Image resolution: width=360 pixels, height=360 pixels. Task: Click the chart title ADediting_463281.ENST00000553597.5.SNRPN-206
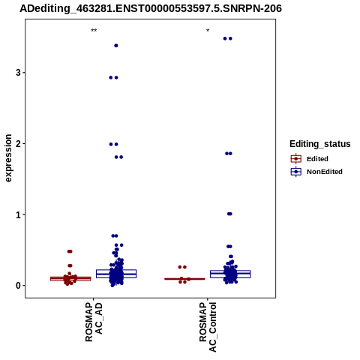[x=151, y=8]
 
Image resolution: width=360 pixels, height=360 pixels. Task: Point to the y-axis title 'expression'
[x=8, y=158]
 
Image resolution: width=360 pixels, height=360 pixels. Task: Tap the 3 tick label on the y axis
[x=18, y=73]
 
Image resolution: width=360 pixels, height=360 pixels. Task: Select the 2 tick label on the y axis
[x=18, y=143]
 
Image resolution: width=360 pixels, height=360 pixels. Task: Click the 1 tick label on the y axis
[x=18, y=214]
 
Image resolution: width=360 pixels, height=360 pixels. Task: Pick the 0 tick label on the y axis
[x=18, y=286]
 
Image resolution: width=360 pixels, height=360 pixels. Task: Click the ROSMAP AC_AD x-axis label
[x=94, y=322]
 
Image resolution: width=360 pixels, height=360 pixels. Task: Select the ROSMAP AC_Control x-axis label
[x=208, y=327]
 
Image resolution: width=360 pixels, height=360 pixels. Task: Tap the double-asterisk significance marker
[x=94, y=31]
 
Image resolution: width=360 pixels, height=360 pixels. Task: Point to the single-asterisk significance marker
[x=208, y=31]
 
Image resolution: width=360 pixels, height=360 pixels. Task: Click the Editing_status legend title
[x=320, y=144]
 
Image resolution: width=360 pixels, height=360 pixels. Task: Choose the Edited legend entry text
[x=317, y=159]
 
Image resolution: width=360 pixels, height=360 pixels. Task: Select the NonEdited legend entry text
[x=325, y=172]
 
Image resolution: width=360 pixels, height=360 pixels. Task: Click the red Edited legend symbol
[x=296, y=159]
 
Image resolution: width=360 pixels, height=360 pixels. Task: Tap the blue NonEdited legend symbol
[x=296, y=172]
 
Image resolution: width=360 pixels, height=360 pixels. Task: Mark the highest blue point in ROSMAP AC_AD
[x=116, y=46]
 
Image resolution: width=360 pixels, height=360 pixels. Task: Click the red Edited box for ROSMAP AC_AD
[x=70, y=279]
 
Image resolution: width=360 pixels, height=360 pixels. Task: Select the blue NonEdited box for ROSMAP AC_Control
[x=230, y=274]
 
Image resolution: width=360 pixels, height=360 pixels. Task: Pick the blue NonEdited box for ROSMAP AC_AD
[x=116, y=274]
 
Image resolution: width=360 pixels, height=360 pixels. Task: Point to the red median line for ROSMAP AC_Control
[x=184, y=279]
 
